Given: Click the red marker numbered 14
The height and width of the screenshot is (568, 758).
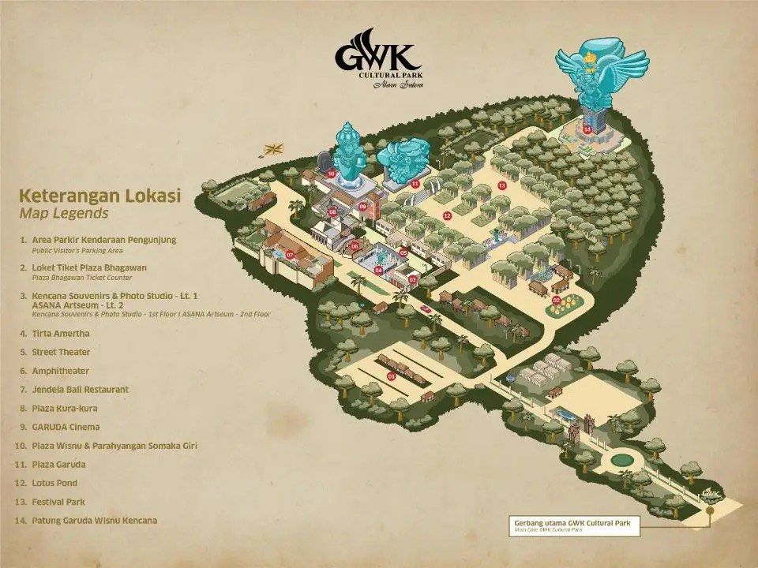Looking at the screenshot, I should click(x=587, y=129).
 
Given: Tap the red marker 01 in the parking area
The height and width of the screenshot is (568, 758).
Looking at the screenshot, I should click(x=391, y=376).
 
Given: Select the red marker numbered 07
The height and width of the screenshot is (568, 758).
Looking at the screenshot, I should click(x=290, y=255).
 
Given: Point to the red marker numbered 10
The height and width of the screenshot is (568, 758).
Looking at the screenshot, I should click(x=332, y=173).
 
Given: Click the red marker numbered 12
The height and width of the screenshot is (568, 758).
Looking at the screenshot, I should click(x=447, y=215).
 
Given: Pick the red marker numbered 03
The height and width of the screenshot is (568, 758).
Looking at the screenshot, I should click(x=412, y=279).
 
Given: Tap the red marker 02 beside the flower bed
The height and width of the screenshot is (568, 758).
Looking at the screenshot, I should click(x=556, y=300).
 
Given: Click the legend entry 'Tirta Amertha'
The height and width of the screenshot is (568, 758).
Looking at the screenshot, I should click(x=60, y=334).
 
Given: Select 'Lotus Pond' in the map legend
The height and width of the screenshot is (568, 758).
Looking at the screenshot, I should click(x=54, y=483).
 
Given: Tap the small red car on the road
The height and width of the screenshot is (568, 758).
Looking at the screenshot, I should click(x=426, y=308).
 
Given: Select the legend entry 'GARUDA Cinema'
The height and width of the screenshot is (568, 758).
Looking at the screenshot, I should click(x=66, y=427).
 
